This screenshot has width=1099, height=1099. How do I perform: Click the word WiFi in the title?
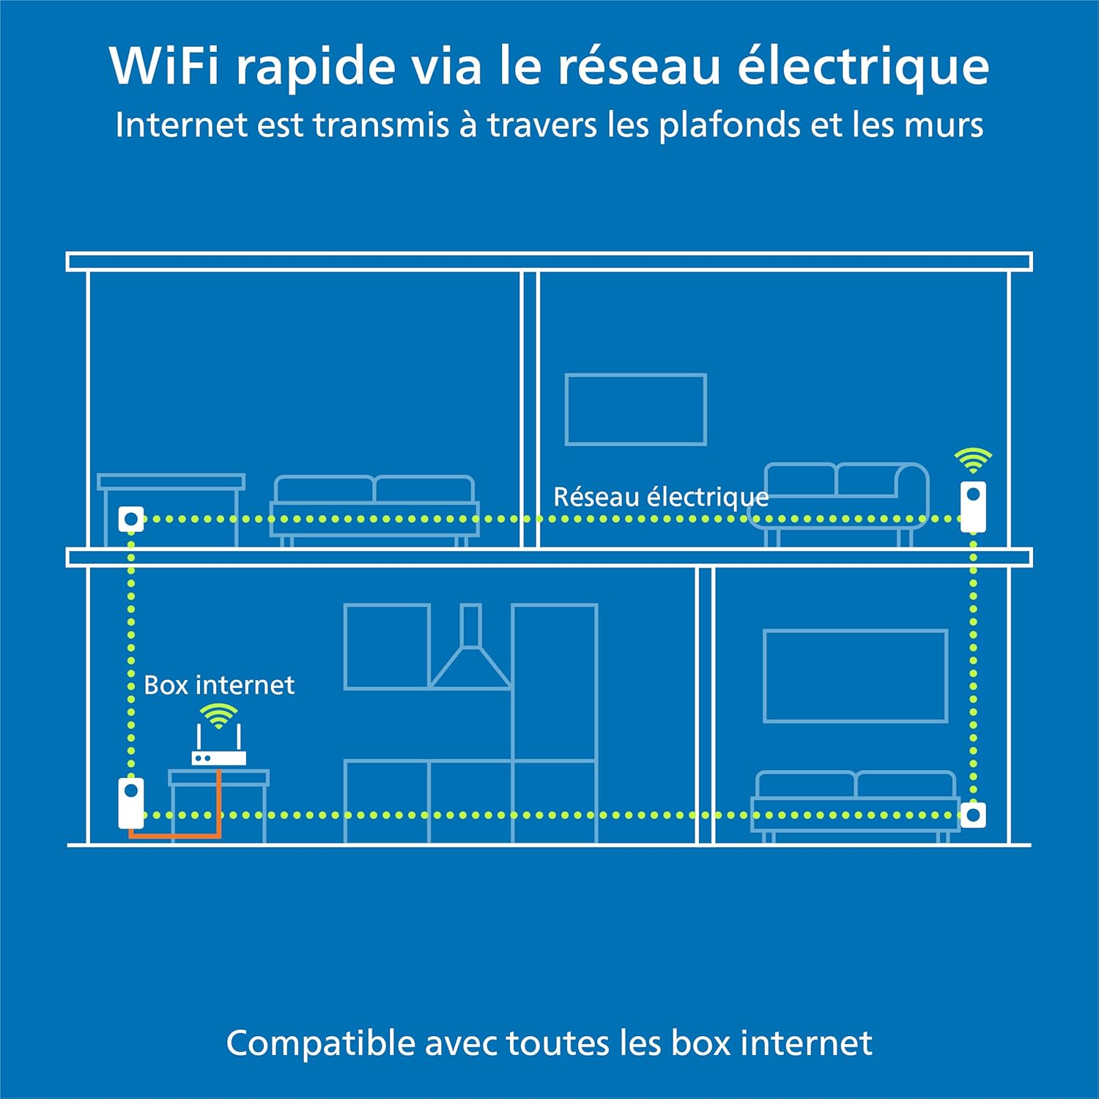[164, 66]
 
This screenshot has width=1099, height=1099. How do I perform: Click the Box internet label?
[219, 685]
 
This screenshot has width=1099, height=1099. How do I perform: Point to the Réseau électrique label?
[660, 497]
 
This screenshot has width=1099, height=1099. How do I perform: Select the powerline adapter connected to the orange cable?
[131, 803]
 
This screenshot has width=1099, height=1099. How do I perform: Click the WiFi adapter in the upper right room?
[973, 506]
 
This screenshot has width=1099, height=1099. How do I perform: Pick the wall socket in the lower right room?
[973, 815]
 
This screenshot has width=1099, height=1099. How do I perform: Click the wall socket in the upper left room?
[131, 519]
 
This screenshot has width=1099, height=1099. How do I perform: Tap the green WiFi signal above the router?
[218, 714]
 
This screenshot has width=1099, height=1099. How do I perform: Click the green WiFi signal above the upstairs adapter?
[973, 459]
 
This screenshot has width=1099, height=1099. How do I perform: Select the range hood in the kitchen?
[471, 652]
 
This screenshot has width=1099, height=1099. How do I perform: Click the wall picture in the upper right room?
[635, 410]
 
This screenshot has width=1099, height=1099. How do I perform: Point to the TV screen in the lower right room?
[855, 676]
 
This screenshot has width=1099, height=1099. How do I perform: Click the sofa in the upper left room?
[374, 506]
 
